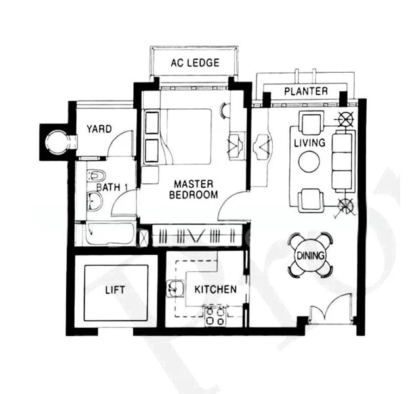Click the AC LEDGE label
(194, 63)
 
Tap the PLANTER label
(306, 91)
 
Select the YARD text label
(99, 129)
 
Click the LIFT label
(115, 289)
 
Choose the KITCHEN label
(215, 289)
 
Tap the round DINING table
(310, 255)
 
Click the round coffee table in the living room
(309, 162)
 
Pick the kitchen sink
(175, 287)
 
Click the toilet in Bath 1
(96, 177)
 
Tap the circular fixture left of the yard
(57, 141)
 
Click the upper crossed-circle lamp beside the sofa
(346, 119)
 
